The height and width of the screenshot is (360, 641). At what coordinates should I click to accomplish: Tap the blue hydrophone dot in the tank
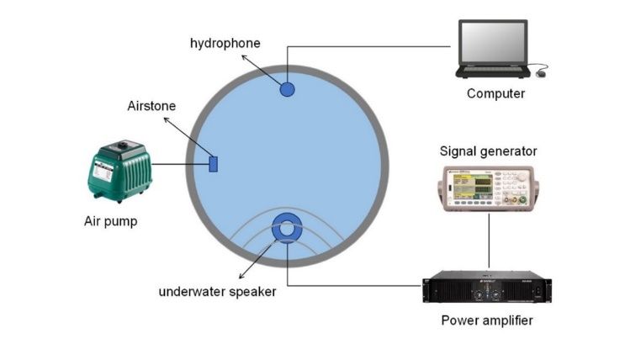pyautogui.click(x=287, y=88)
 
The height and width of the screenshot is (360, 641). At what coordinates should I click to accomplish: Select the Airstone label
pyautogui.click(x=151, y=106)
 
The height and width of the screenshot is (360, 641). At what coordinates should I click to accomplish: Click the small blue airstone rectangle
pyautogui.click(x=214, y=163)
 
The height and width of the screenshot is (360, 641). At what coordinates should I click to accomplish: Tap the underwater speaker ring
pyautogui.click(x=287, y=229)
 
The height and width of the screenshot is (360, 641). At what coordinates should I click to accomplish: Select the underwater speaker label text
pyautogui.click(x=217, y=292)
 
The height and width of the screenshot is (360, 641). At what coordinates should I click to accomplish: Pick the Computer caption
pyautogui.click(x=495, y=93)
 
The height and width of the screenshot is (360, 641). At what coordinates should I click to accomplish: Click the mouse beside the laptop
pyautogui.click(x=541, y=74)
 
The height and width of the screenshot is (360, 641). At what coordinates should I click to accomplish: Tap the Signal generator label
pyautogui.click(x=488, y=151)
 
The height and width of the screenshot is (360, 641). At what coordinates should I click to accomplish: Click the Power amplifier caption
pyautogui.click(x=487, y=320)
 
